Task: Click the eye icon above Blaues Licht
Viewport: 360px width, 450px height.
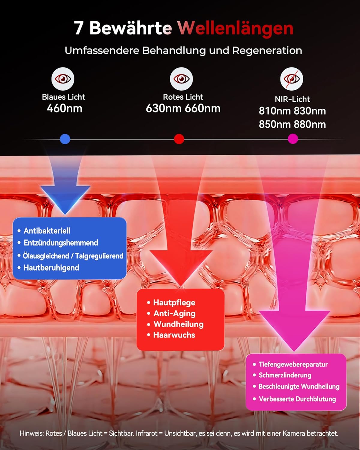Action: pos(63,79)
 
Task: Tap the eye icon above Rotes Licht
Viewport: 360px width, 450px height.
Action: pos(181,79)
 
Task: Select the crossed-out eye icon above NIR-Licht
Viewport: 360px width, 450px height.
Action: pos(292,79)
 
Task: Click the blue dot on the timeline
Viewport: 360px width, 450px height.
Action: pos(65,139)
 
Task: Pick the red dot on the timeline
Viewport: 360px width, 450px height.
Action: pos(179,139)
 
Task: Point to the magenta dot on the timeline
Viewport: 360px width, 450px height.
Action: pos(293,139)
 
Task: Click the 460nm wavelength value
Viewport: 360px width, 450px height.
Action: pos(64,108)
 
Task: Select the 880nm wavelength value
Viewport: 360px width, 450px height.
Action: pos(310,124)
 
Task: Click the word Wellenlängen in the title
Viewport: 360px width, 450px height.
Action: pos(236,28)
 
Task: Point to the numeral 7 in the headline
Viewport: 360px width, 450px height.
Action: pos(79,28)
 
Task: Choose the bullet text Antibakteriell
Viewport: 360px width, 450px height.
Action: pos(47,231)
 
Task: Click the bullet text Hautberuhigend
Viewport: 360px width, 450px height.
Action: pos(51,268)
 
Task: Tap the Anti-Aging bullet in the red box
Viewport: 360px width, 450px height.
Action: pos(175,313)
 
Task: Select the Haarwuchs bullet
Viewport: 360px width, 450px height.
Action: pos(174,335)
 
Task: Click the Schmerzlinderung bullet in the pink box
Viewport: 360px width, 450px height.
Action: pos(285,375)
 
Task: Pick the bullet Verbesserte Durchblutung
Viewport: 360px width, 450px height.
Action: pos(297,399)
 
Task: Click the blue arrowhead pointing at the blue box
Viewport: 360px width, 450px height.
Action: pos(65,199)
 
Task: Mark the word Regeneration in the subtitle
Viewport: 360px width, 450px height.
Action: pos(267,51)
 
